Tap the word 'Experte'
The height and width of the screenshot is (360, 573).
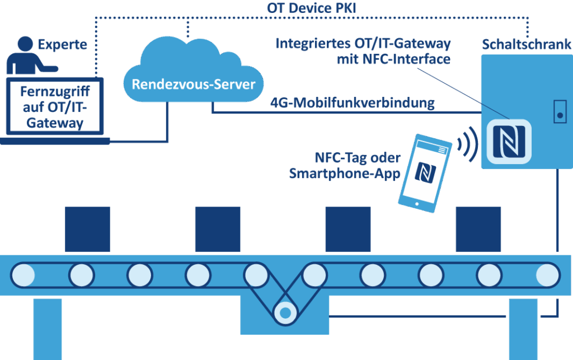[x=63, y=44]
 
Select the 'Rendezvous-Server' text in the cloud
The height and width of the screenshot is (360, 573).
[x=193, y=85]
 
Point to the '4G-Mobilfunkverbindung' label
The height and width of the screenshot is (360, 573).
[x=352, y=103]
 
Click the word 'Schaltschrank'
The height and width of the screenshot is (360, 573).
[x=526, y=44]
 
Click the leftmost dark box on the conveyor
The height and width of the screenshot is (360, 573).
[x=87, y=229]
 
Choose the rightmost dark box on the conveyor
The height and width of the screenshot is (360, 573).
[x=478, y=229]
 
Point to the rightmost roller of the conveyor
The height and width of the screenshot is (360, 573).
[x=547, y=275]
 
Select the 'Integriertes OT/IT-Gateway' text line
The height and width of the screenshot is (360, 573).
[x=363, y=44]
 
